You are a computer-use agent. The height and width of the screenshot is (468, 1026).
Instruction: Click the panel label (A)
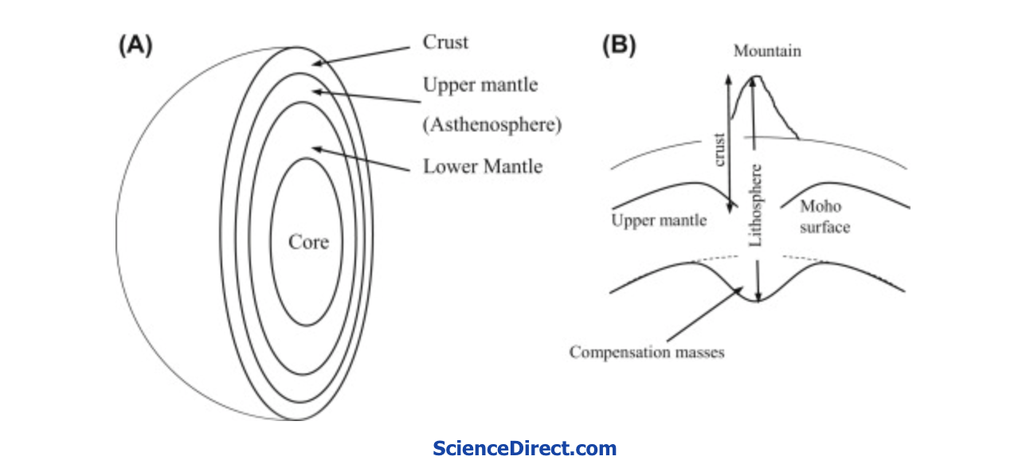[135, 45]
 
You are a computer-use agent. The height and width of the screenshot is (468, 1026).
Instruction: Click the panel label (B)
[618, 45]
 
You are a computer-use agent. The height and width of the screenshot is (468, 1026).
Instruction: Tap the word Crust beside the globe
[446, 43]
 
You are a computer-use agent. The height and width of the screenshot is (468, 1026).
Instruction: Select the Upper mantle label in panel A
[480, 84]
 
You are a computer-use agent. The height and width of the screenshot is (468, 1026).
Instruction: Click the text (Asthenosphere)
[491, 125]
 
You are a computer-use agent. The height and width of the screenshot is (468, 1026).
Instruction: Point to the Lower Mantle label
[483, 166]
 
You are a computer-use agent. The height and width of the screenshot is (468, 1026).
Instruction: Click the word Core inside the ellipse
[308, 242]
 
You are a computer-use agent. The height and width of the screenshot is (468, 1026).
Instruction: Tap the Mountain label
[767, 51]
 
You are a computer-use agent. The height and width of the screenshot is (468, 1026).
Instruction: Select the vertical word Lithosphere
[757, 205]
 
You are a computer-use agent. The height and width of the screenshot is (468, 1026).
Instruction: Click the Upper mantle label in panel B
[659, 220]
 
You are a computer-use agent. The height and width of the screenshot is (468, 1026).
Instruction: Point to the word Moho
[820, 207]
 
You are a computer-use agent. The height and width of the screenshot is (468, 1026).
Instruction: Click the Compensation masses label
[647, 351]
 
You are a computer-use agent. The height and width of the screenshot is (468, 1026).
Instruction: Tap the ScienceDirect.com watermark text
[524, 448]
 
